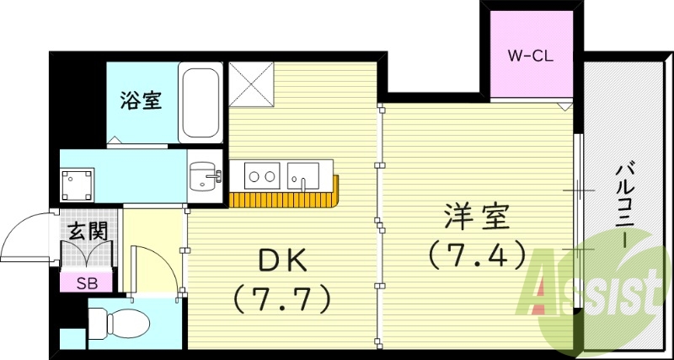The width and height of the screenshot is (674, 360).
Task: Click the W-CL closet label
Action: coord(528,58)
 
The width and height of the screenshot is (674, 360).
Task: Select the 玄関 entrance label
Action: coord(86,228)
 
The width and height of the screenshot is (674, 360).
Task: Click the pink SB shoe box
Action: coord(87,282)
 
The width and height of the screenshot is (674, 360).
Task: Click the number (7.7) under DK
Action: coord(279,298)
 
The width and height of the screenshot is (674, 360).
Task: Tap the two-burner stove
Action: coord(261,176)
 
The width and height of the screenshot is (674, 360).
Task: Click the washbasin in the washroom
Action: coord(203,176)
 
